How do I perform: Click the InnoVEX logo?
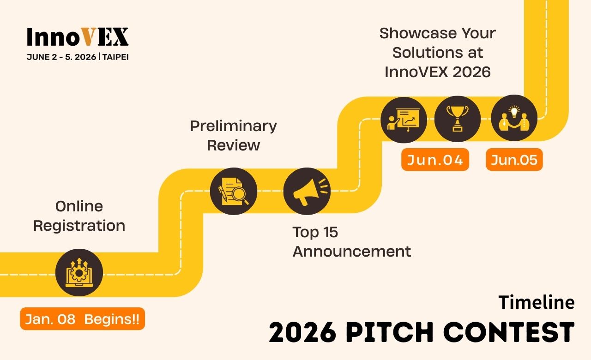click(78, 36)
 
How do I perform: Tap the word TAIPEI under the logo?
click(115, 57)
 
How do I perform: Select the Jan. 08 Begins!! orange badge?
click(82, 318)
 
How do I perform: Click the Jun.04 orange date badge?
click(435, 160)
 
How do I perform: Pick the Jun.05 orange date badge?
click(514, 160)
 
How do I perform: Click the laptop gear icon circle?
click(79, 272)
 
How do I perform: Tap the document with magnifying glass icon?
click(234, 191)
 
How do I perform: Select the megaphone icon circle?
click(307, 191)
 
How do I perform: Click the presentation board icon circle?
click(404, 120)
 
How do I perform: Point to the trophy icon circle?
click(458, 119)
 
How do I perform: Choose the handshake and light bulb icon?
click(514, 118)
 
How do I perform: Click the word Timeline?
click(537, 302)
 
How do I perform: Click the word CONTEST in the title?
click(509, 332)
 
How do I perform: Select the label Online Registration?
click(79, 216)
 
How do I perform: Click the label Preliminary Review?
click(234, 135)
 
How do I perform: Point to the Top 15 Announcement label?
click(352, 241)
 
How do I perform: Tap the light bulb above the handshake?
click(514, 111)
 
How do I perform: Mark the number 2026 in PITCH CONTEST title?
click(302, 332)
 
